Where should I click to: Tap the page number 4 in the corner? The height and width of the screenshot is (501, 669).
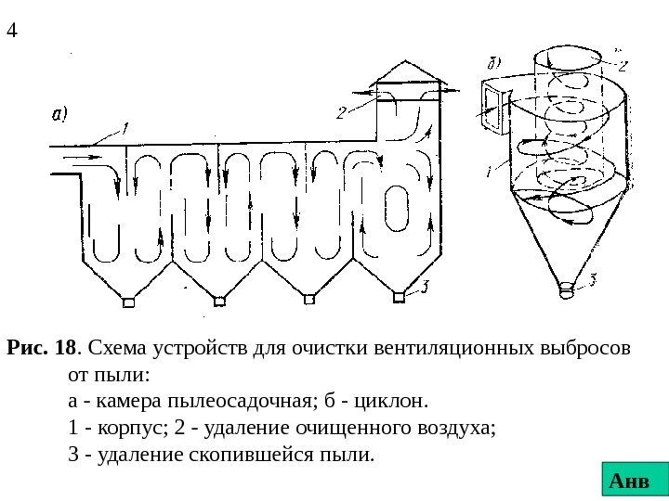[12, 31]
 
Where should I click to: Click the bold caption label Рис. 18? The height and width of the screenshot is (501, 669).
[41, 351]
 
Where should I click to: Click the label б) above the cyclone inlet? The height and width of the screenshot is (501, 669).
[492, 64]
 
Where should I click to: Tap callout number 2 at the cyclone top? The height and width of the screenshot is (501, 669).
[622, 65]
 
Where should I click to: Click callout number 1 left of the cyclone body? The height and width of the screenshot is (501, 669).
[490, 170]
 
